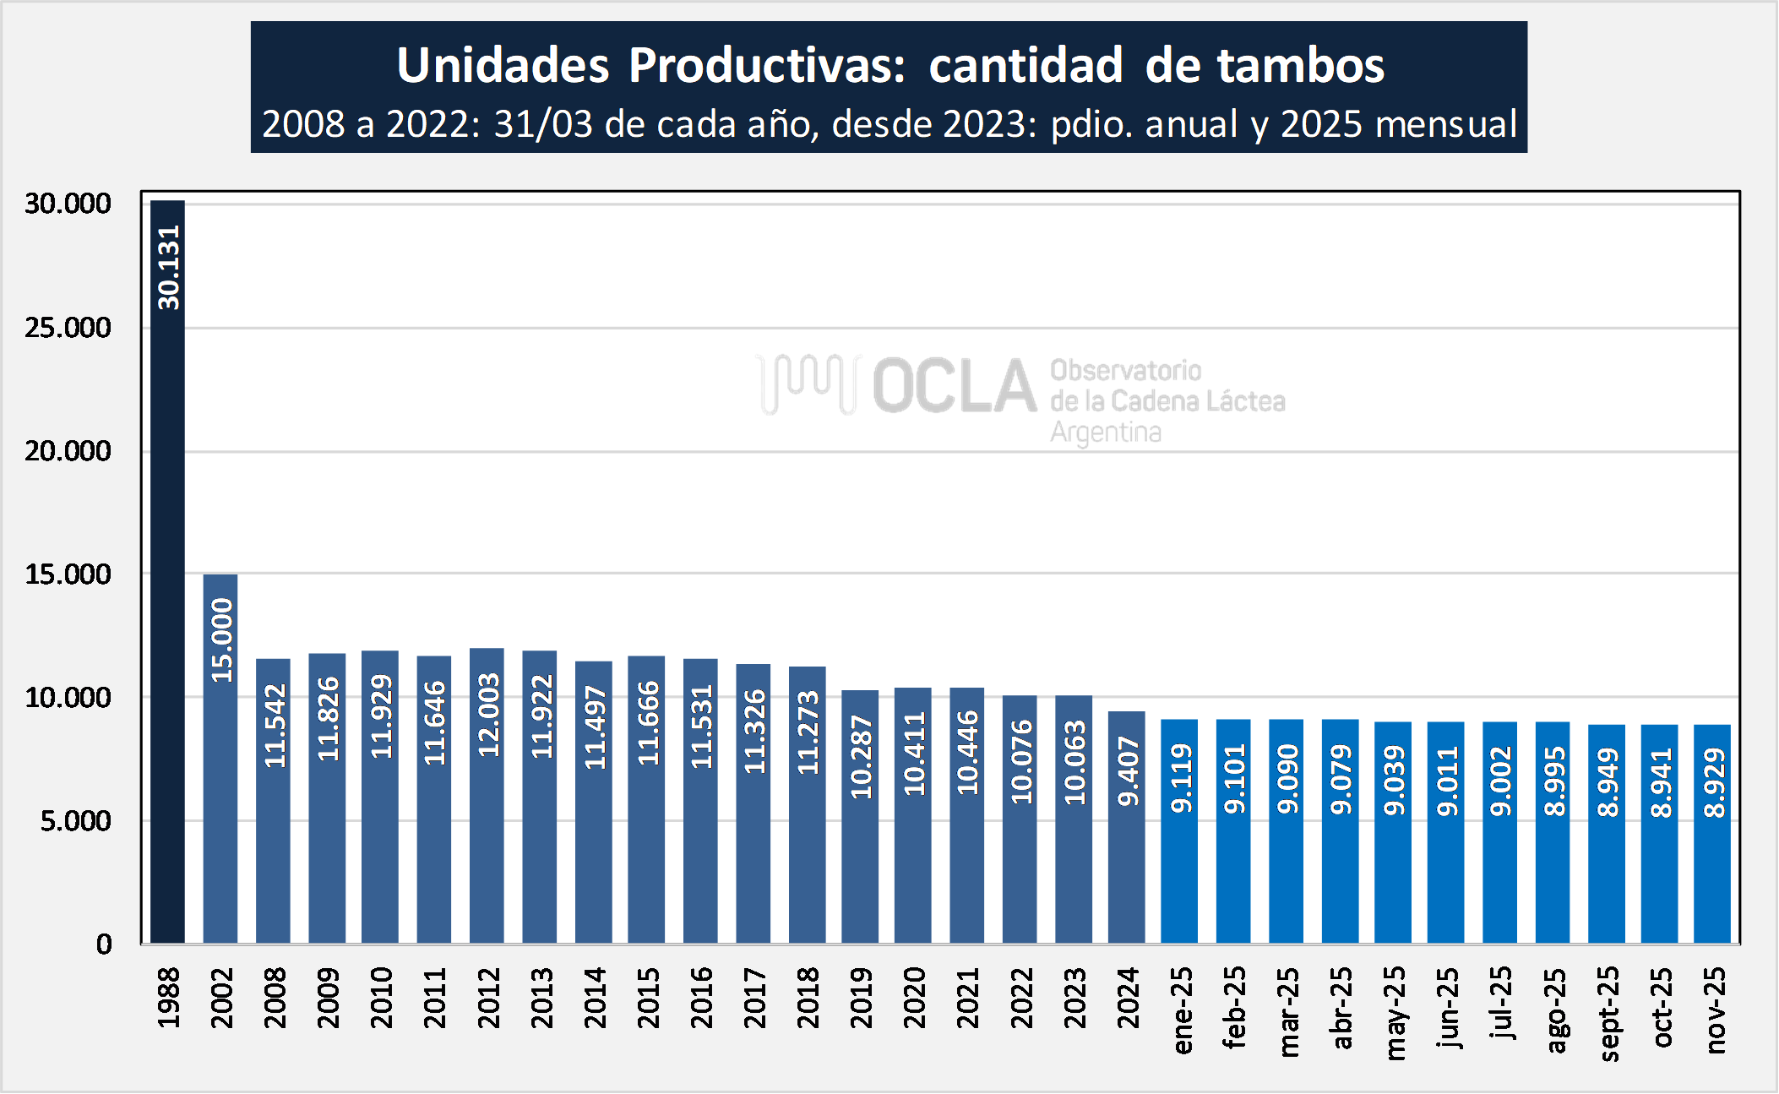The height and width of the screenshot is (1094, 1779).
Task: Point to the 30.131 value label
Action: click(169, 267)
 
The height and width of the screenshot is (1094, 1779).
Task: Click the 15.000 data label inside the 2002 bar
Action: click(221, 640)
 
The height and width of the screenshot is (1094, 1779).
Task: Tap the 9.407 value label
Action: click(1128, 770)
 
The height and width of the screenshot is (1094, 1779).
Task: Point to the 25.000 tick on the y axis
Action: click(68, 328)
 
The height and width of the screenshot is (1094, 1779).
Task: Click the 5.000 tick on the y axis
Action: click(75, 821)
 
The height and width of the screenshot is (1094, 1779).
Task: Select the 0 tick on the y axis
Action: click(103, 944)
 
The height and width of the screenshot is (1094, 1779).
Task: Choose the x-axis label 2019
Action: click(861, 998)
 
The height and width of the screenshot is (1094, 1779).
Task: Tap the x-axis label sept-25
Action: click(1608, 1013)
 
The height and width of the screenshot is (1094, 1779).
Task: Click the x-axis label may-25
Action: click(1395, 1012)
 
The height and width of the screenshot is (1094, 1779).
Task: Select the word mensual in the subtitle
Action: click(1445, 124)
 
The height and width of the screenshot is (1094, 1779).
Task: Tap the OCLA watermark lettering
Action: click(955, 386)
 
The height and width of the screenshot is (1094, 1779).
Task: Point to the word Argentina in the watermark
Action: click(1105, 433)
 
